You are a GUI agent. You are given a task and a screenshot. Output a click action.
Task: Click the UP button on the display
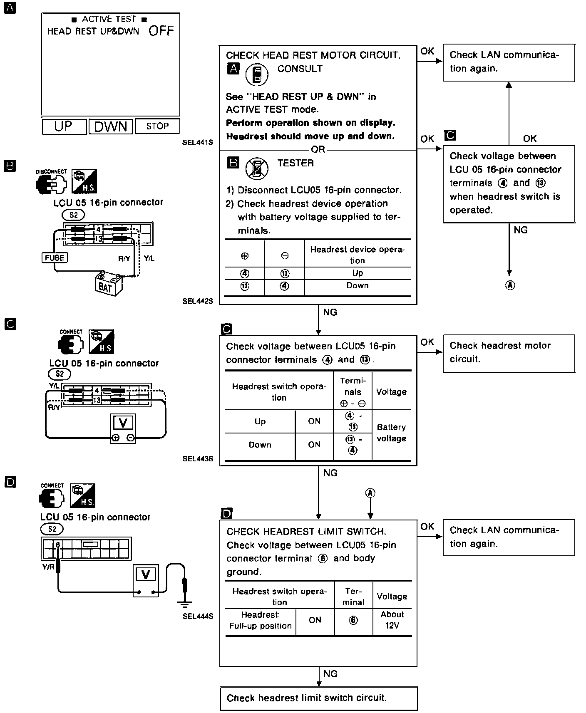[64, 126]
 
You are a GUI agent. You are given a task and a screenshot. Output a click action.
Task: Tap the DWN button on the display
[111, 126]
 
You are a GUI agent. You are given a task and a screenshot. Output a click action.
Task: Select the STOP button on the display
[157, 126]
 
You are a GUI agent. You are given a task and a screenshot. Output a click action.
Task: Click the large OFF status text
[161, 31]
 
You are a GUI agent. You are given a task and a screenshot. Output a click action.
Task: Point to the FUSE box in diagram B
[55, 258]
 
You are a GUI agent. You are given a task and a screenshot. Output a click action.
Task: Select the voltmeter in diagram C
[123, 428]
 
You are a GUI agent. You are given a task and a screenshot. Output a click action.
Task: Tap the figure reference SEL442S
[197, 301]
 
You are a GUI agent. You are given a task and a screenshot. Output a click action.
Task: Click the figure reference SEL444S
[198, 616]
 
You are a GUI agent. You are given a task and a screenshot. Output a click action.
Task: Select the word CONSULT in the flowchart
[300, 69]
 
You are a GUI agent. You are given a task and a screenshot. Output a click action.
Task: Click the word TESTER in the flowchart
[295, 163]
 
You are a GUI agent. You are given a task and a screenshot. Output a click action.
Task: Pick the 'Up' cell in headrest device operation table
[358, 273]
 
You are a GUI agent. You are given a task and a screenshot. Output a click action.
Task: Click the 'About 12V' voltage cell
[392, 620]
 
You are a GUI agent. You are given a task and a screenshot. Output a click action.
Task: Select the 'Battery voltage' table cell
[391, 433]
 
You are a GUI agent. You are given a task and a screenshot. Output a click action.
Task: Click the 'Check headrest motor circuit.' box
[509, 353]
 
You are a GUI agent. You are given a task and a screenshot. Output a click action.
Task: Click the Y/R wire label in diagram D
[48, 567]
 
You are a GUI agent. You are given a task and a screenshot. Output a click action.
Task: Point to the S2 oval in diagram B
[73, 215]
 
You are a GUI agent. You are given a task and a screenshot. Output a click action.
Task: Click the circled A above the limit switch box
[370, 493]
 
